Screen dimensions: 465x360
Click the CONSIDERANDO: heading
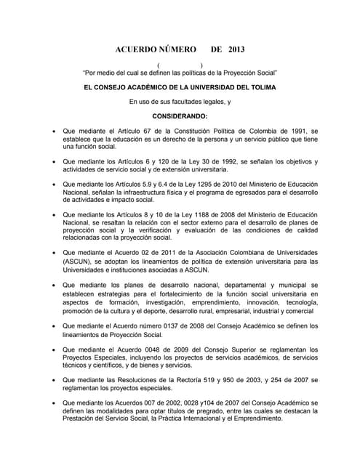click(x=180, y=116)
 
